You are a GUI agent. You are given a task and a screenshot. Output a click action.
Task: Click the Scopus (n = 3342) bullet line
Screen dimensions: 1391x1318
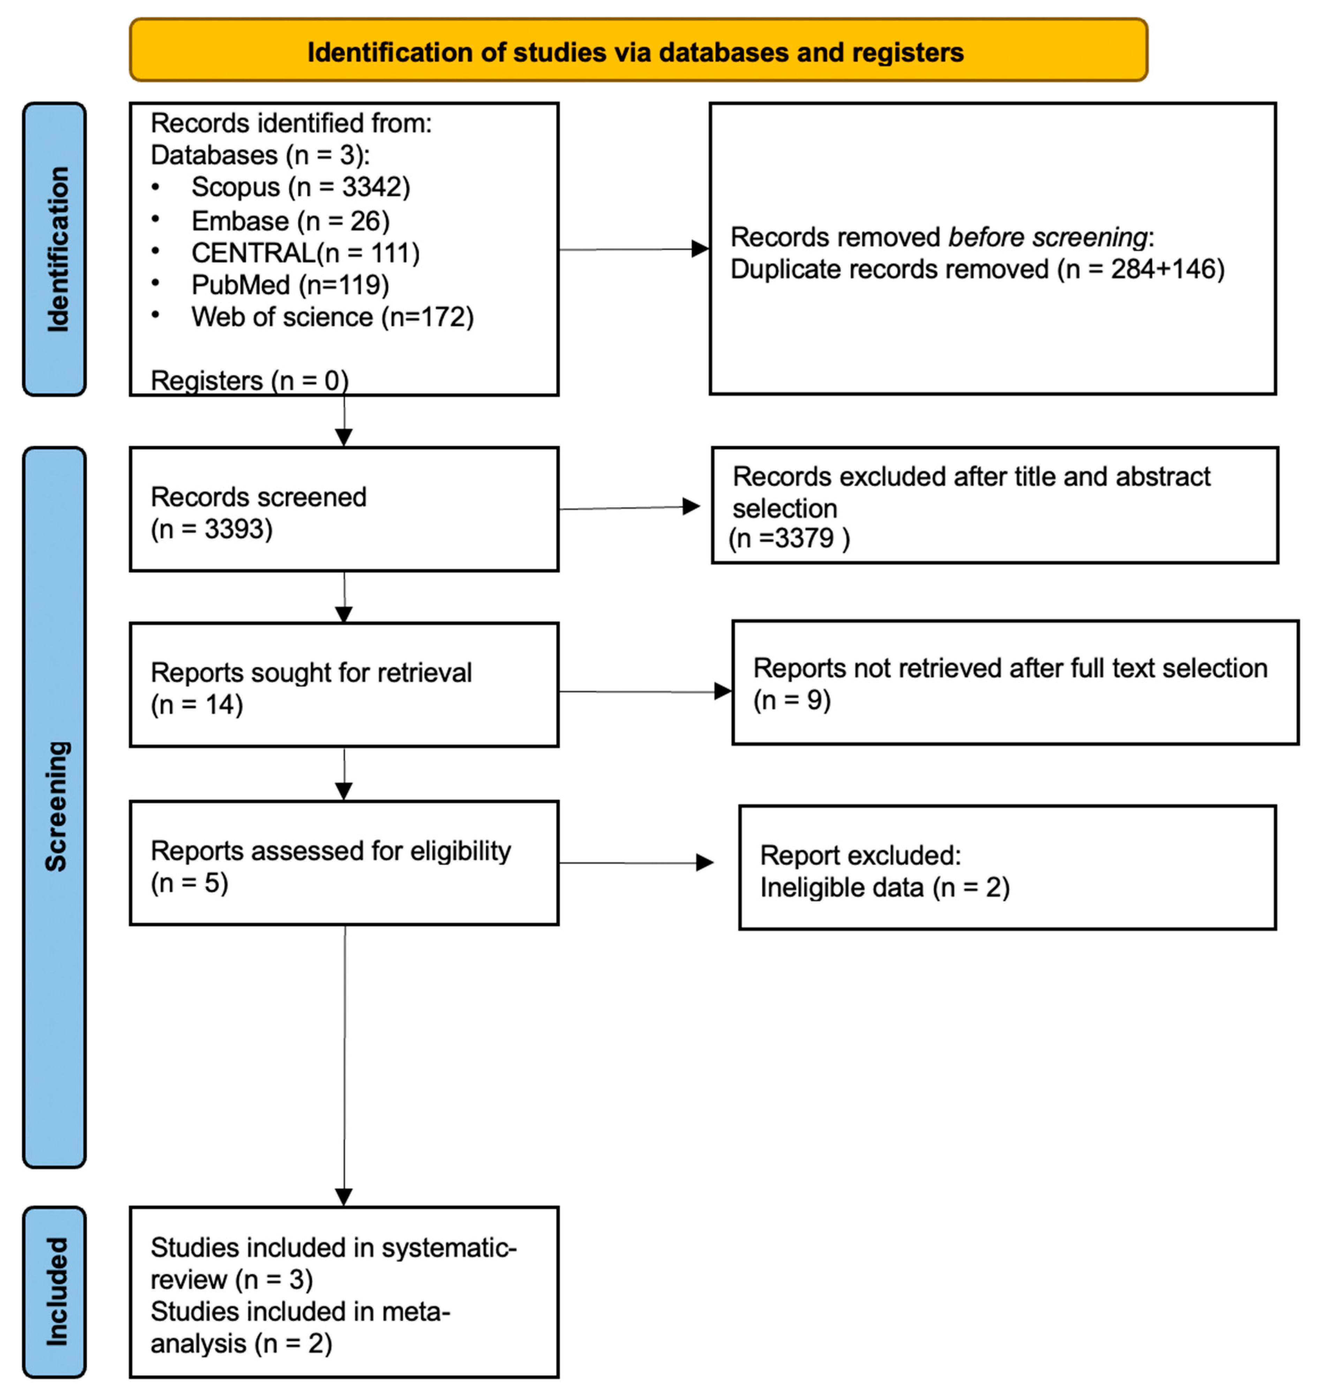300,187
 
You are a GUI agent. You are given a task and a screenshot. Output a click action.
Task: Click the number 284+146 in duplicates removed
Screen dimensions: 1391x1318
1166,269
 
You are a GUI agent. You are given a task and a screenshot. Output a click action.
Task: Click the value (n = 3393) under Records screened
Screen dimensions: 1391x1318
211,529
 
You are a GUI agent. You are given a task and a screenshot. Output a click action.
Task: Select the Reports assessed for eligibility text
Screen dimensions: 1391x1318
330,851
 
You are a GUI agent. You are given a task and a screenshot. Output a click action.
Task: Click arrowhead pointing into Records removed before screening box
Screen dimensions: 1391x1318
700,249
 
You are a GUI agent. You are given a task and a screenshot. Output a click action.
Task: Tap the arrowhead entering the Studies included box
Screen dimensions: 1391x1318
344,1196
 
